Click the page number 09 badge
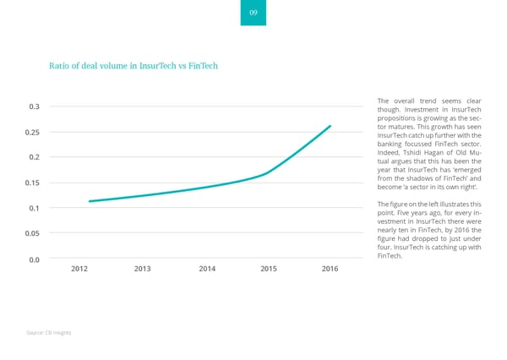coord(253,13)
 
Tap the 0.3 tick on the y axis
coord(34,106)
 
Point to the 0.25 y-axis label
coord(32,132)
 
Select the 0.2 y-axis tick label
coord(34,157)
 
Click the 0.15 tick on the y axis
coord(32,183)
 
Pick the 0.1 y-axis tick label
coord(34,208)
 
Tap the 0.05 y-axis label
coord(32,233)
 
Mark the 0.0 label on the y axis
coord(34,259)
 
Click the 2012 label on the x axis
coord(79,269)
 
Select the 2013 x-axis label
coord(142,269)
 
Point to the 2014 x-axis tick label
coord(206,269)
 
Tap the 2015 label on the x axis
coord(269,269)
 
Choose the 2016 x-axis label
coord(330,269)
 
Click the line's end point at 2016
coord(330,126)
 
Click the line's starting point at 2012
coord(90,201)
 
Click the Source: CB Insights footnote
coord(48,333)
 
